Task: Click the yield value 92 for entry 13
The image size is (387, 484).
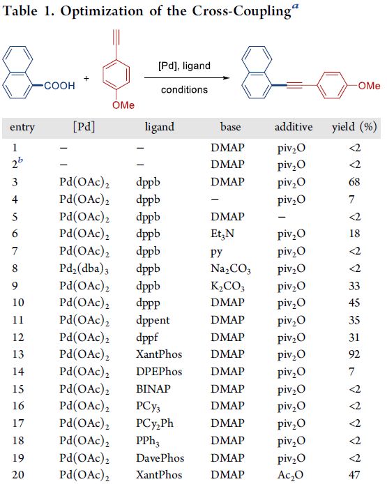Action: pyautogui.click(x=354, y=354)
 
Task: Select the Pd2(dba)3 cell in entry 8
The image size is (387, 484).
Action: pyautogui.click(x=84, y=269)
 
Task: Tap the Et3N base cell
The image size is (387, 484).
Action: pyautogui.click(x=222, y=234)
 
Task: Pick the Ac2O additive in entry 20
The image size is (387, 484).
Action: pyautogui.click(x=290, y=475)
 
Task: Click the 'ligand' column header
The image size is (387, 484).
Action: pyautogui.click(x=160, y=127)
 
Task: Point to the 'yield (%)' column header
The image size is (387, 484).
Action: pyautogui.click(x=354, y=127)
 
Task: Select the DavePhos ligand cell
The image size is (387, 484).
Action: pyautogui.click(x=160, y=457)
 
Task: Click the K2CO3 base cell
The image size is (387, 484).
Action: pyautogui.click(x=227, y=287)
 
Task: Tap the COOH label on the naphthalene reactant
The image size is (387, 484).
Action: pyautogui.click(x=59, y=86)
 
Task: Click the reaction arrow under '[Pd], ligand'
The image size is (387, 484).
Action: pyautogui.click(x=187, y=78)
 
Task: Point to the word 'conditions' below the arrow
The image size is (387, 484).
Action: pyautogui.click(x=185, y=90)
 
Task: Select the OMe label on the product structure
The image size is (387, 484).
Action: pyautogui.click(x=369, y=86)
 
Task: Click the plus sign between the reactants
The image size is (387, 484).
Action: pyautogui.click(x=86, y=78)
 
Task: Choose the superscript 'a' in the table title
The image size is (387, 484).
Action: pyautogui.click(x=296, y=6)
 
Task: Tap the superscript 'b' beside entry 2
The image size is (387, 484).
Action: pyautogui.click(x=20, y=160)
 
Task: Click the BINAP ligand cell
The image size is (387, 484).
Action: pyautogui.click(x=153, y=389)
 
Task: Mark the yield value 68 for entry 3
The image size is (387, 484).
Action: pyautogui.click(x=354, y=182)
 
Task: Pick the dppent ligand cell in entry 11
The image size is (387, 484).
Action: pyautogui.click(x=153, y=320)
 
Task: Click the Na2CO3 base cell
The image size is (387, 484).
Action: pyautogui.click(x=231, y=269)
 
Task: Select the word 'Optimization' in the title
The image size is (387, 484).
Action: pyautogui.click(x=102, y=12)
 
